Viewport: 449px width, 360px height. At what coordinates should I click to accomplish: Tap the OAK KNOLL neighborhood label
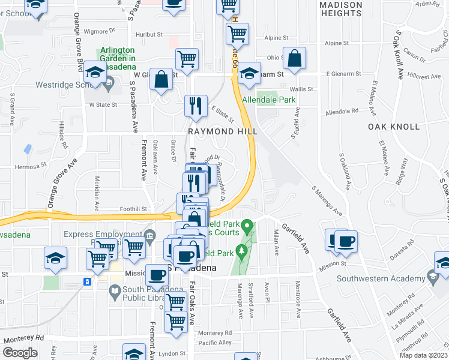[x=394, y=127]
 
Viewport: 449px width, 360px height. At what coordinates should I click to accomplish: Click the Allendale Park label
[x=269, y=100]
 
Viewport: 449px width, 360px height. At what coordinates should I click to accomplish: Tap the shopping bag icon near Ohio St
[x=294, y=59]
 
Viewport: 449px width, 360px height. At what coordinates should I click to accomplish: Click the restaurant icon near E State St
[x=195, y=107]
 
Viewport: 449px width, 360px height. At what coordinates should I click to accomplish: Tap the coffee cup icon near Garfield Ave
[x=346, y=242]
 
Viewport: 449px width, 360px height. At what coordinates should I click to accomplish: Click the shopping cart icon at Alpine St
[x=238, y=35]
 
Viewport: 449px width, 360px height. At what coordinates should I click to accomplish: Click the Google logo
[x=20, y=353]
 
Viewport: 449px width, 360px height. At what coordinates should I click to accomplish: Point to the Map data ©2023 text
[x=423, y=355]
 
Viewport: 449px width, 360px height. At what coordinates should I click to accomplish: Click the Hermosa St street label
[x=31, y=164]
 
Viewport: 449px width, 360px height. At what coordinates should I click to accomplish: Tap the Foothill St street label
[x=136, y=209]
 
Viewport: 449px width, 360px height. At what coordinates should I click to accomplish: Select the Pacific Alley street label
[x=215, y=343]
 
